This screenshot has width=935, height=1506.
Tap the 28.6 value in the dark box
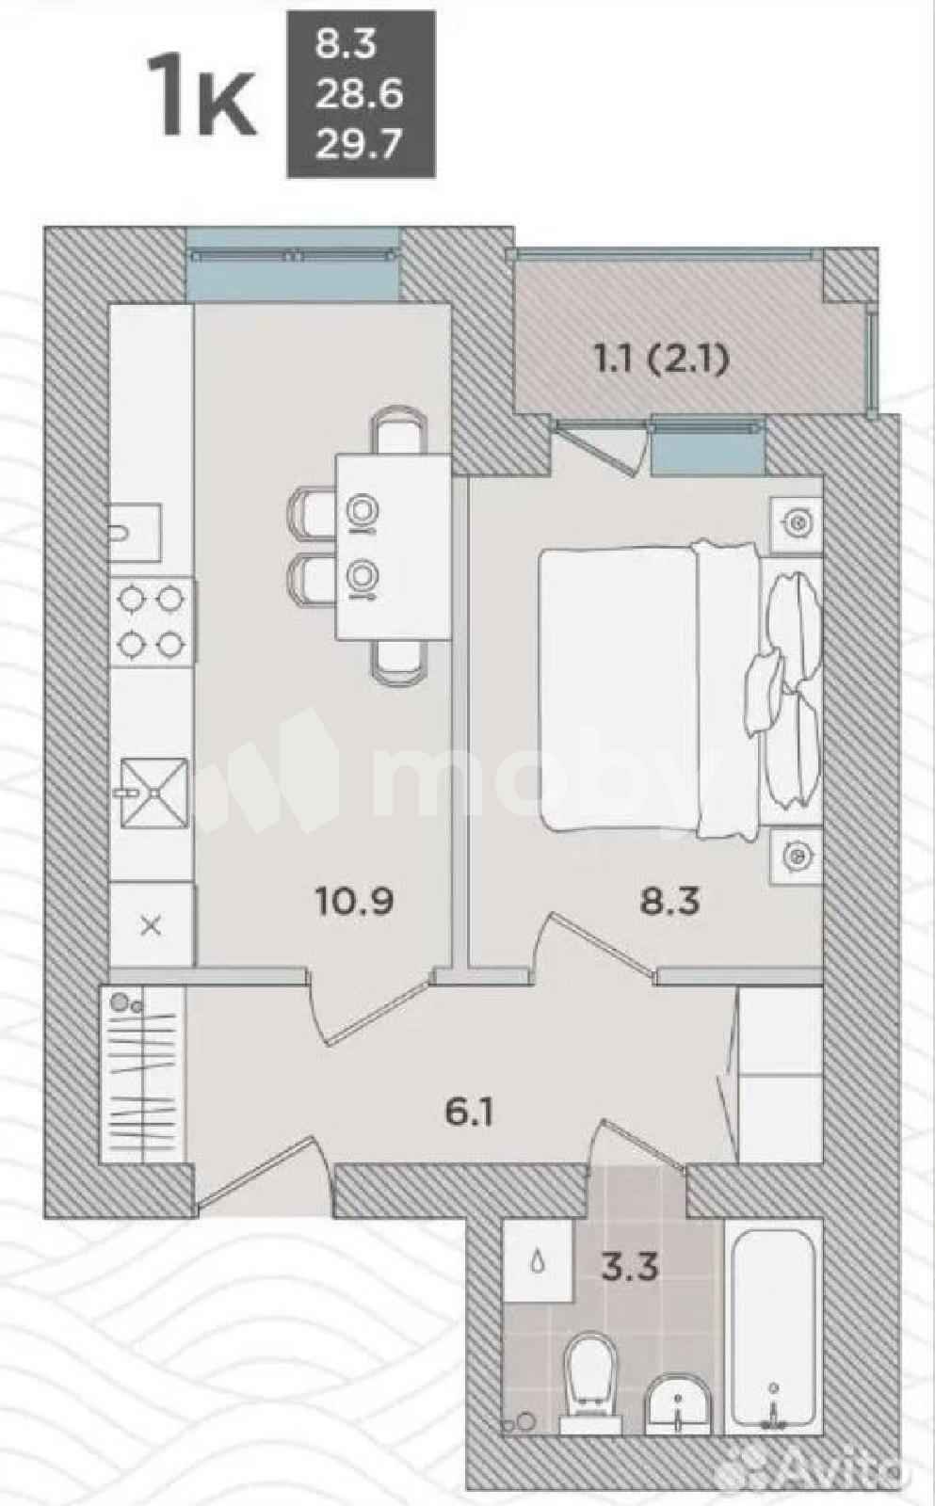pos(359,95)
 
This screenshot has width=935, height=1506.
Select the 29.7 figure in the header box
pos(359,143)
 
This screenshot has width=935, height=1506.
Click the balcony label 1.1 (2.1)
pos(661,363)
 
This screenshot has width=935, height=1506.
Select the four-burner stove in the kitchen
pos(153,620)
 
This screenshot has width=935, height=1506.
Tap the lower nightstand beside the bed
pos(798,855)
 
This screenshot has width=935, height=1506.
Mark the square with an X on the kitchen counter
pos(152,926)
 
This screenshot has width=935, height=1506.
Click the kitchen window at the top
pos(292,265)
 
